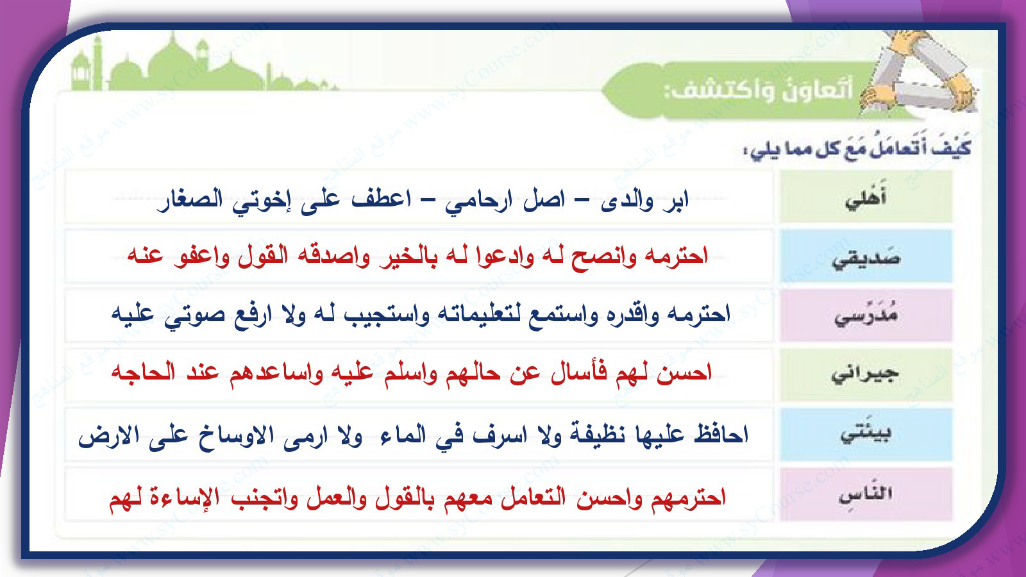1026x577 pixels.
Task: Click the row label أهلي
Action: [866, 197]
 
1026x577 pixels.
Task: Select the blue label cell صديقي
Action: [866, 256]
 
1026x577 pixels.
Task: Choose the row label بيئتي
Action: [866, 433]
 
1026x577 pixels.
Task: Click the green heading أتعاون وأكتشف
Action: [759, 88]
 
